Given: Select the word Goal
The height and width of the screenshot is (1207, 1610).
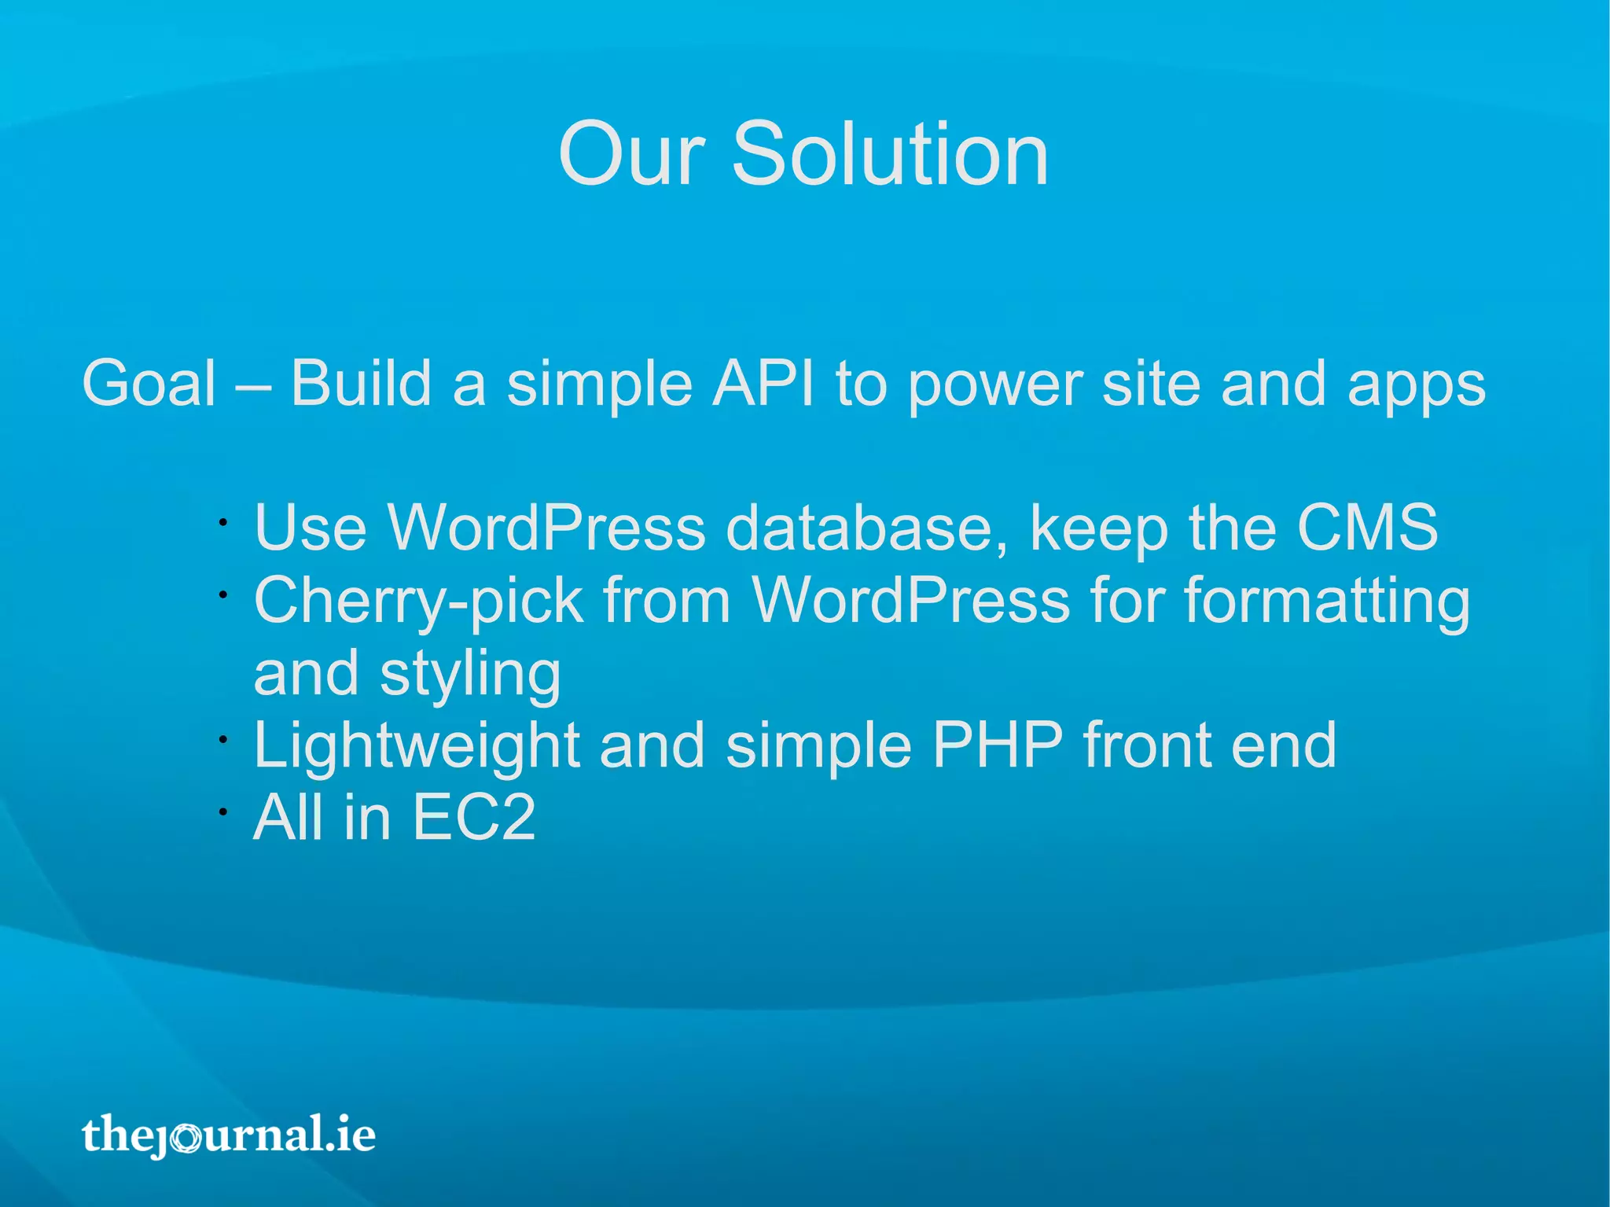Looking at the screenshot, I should click(149, 384).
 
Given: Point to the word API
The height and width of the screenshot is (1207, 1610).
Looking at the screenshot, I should click(763, 384).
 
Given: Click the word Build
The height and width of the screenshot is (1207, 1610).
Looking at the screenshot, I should click(361, 384).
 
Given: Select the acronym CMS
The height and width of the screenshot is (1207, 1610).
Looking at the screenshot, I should click(1367, 528).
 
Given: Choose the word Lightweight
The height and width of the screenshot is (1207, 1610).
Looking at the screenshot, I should click(416, 746).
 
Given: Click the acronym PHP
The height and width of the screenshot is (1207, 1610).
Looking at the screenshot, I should click(997, 745).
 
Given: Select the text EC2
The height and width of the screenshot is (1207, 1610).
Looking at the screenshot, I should click(473, 818).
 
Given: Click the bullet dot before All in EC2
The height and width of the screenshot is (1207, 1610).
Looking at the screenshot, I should click(223, 811).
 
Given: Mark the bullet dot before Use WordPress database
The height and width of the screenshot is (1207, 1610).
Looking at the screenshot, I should click(223, 521).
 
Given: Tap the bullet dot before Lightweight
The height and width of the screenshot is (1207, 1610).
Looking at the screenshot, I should click(223, 739).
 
